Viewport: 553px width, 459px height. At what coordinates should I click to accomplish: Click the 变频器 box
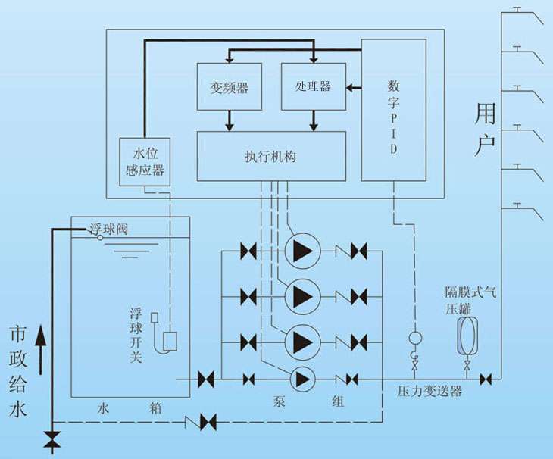coord(230,87)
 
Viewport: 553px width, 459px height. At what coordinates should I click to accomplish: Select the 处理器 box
coord(313,87)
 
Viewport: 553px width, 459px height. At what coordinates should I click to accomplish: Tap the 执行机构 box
coord(270,156)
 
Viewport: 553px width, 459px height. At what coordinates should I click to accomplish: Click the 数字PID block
coord(393,110)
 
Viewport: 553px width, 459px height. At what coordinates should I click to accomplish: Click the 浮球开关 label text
coord(136,334)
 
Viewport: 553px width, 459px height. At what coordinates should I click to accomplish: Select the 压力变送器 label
coord(430,392)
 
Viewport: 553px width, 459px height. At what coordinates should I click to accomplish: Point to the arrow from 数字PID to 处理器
coord(352,87)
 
